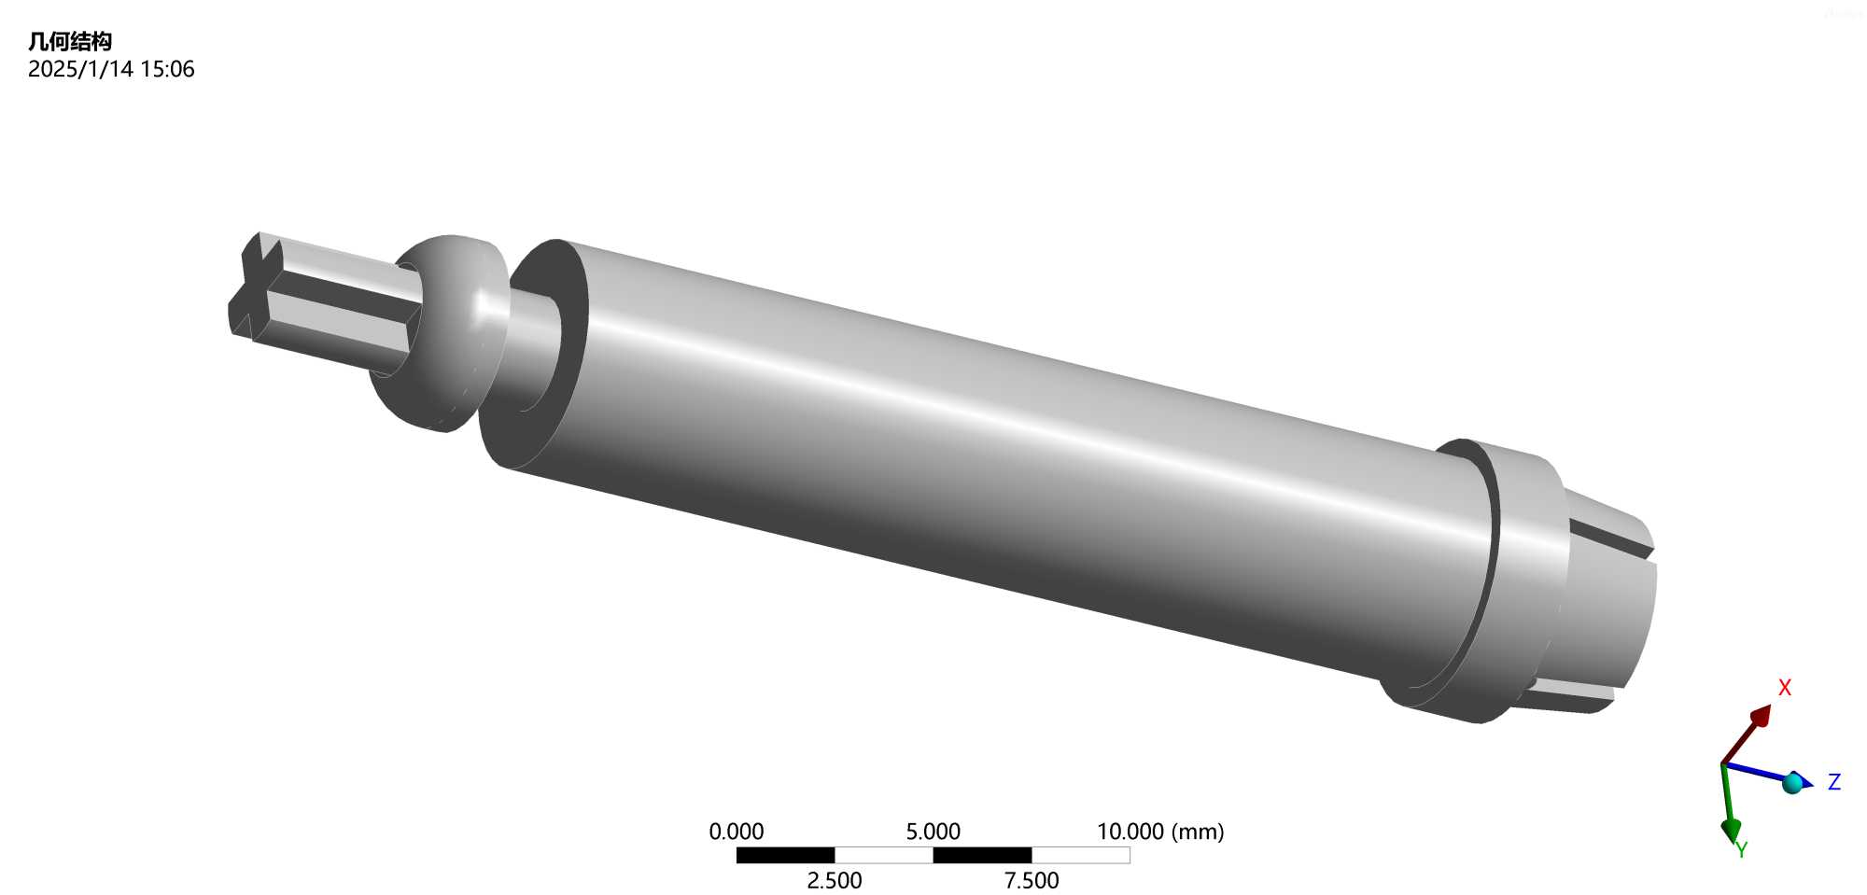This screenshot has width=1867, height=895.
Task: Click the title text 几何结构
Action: [70, 41]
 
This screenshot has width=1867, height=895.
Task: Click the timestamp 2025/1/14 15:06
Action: [111, 69]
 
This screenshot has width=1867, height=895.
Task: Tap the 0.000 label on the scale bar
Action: [736, 831]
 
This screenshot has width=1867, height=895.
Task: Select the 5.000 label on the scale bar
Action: [933, 831]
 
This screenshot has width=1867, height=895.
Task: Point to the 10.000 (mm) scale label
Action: [1160, 831]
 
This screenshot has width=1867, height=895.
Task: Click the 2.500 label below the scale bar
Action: [835, 880]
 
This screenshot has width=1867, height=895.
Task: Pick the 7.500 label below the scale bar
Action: [1032, 880]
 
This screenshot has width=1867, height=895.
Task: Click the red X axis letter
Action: [1785, 687]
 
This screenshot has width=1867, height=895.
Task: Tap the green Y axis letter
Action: [1741, 849]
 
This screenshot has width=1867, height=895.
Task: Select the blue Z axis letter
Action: [1834, 782]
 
